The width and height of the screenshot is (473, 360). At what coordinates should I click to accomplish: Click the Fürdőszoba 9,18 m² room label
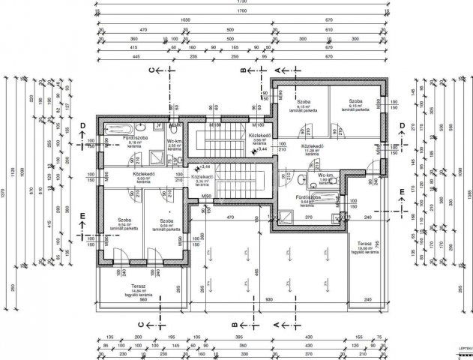pos(120,142)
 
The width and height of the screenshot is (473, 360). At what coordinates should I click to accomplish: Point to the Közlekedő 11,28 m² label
pos(312,149)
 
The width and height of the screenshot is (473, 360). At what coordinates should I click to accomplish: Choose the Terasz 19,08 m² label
pos(365,247)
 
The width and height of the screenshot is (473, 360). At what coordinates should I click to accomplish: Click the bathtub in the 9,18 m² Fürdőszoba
pos(115,127)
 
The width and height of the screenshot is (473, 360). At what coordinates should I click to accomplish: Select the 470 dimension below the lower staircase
pos(232,217)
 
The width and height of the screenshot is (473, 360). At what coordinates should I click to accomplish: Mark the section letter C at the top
pos(152,70)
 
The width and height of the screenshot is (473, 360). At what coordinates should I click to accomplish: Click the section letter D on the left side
pos(84,125)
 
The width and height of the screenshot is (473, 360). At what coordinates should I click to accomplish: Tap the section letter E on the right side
pos(402,191)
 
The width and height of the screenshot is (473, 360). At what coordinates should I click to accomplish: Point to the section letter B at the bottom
pos(235,325)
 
